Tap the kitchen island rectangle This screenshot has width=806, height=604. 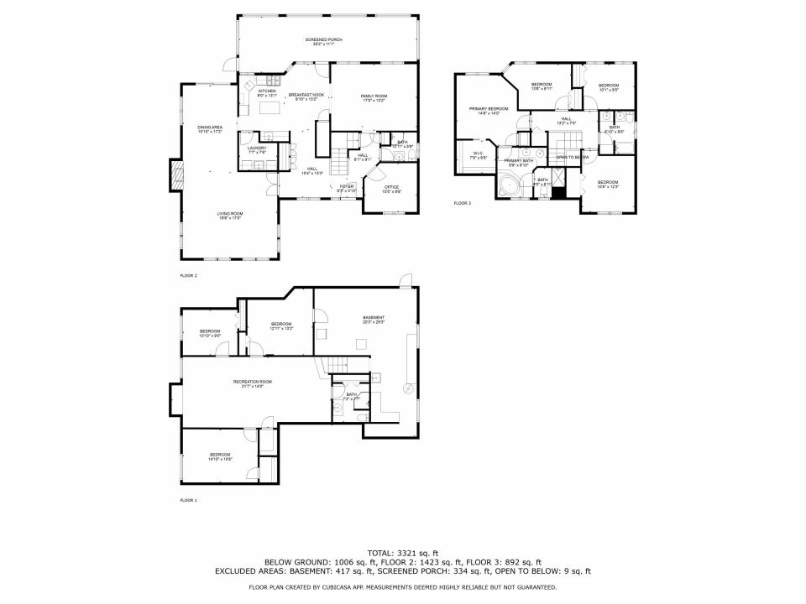271,108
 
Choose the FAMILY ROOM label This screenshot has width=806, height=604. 374,98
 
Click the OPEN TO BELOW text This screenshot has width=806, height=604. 572,157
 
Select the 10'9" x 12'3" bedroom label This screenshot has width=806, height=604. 607,184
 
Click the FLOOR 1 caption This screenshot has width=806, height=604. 188,500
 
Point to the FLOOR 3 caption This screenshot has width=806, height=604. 463,203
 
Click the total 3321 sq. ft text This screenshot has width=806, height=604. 403,553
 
